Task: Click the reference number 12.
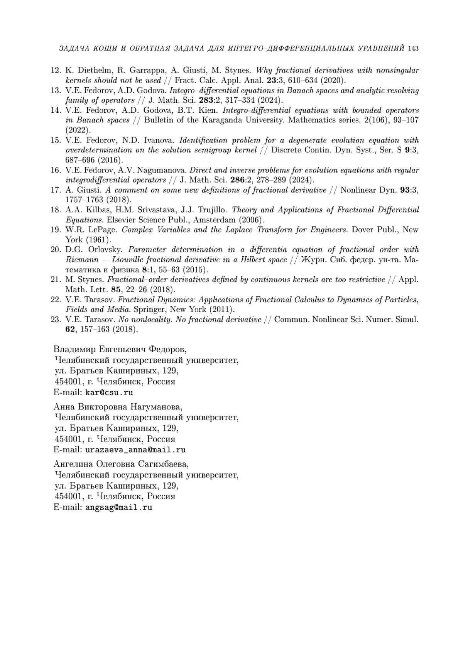point(56,70)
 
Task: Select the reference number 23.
point(56,320)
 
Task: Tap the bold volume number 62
point(71,330)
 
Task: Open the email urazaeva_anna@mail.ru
point(135,450)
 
